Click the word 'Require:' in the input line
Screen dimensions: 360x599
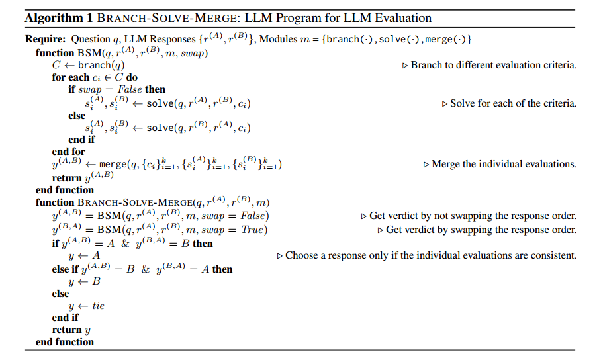tap(46, 40)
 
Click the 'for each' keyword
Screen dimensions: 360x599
tap(69, 77)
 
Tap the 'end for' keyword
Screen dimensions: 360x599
tap(68, 152)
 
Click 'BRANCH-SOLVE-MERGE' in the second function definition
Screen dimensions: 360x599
tap(132, 202)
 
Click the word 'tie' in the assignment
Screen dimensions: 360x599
tap(98, 306)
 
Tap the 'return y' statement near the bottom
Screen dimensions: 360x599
tap(71, 330)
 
